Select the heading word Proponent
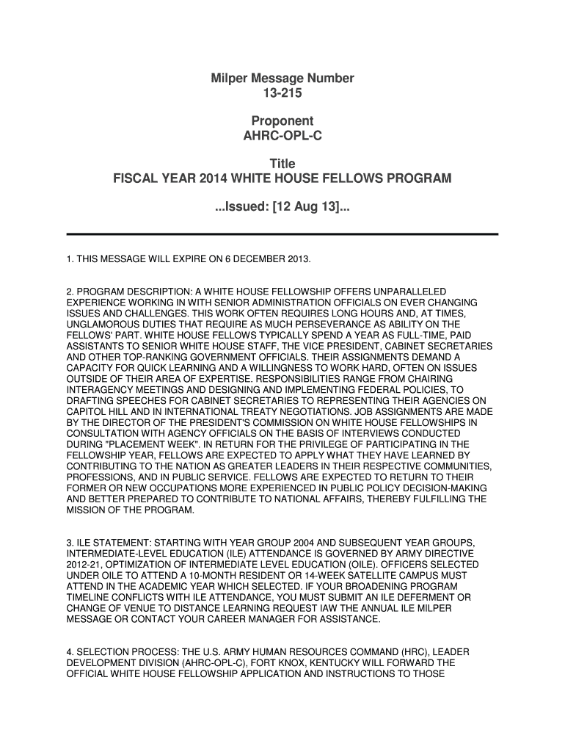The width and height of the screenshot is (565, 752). (x=282, y=121)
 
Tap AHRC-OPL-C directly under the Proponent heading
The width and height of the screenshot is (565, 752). (x=282, y=137)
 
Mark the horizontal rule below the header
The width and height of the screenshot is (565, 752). (x=282, y=234)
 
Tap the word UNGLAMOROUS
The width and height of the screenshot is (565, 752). (x=104, y=324)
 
